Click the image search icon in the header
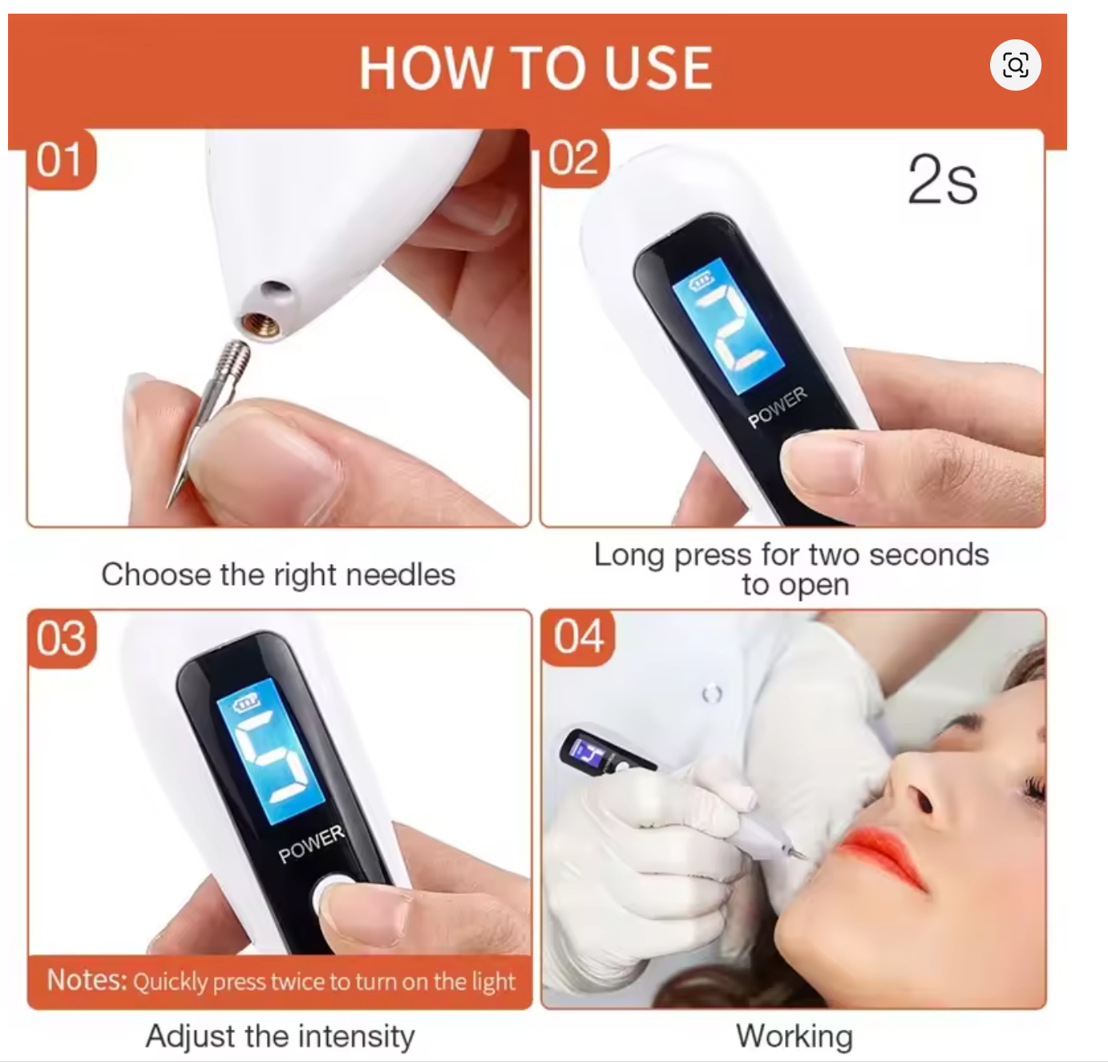[1015, 65]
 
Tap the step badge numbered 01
[61, 160]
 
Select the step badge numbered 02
[574, 158]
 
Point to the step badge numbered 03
[62, 638]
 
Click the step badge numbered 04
[578, 637]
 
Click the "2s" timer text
[942, 180]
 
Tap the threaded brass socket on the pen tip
[260, 324]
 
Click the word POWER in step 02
[777, 407]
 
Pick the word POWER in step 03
[311, 844]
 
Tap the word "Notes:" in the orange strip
[87, 980]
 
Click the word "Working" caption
[795, 1036]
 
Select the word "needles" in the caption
[400, 574]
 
